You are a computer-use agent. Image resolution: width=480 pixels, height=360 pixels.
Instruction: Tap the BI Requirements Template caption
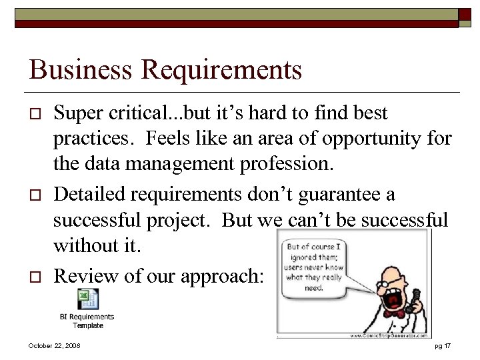[x=87, y=321]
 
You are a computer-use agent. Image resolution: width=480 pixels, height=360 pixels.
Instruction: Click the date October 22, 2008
[x=55, y=346]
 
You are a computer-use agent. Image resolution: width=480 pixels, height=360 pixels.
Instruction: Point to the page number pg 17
[x=443, y=346]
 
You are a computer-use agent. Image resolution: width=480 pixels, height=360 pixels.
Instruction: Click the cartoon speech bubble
[x=313, y=267]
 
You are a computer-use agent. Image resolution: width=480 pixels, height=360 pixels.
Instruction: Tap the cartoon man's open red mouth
[x=393, y=301]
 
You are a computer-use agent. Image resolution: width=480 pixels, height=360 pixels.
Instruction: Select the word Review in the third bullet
[x=83, y=276]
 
